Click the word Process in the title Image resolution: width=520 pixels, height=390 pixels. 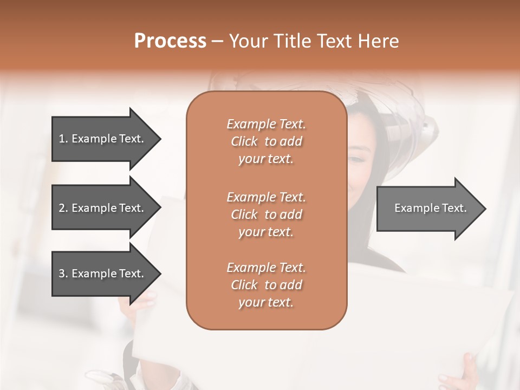pyautogui.click(x=170, y=41)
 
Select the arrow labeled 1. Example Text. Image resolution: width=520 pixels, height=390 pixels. pyautogui.click(x=103, y=139)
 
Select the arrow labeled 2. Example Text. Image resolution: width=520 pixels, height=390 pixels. pyautogui.click(x=103, y=208)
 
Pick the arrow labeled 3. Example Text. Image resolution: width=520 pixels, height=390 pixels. pyautogui.click(x=103, y=274)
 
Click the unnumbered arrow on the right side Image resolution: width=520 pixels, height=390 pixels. pyautogui.click(x=428, y=208)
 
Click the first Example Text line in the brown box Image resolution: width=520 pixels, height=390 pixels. pyautogui.click(x=266, y=124)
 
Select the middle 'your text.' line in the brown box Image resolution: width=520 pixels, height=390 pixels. pyautogui.click(x=266, y=232)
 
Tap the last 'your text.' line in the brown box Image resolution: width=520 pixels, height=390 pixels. pyautogui.click(x=266, y=303)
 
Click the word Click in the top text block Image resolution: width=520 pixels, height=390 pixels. pyautogui.click(x=244, y=142)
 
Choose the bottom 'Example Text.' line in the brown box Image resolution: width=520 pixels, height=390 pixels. pyautogui.click(x=266, y=268)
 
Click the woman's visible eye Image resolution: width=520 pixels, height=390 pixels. pyautogui.click(x=356, y=159)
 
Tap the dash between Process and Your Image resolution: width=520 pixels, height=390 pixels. pyautogui.click(x=218, y=41)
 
